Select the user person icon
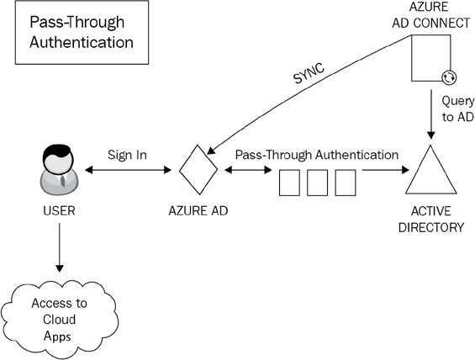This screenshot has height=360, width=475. (x=59, y=170)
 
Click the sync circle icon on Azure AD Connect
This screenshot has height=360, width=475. (x=449, y=77)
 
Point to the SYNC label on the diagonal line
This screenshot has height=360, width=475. (x=309, y=73)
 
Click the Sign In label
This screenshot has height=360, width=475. (x=127, y=155)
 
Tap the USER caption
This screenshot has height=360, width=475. (x=59, y=211)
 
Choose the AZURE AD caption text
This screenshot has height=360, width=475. (x=198, y=211)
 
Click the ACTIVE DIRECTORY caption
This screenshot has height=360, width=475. (x=431, y=219)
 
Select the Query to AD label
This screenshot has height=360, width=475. (x=457, y=109)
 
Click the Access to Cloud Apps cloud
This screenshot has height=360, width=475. (x=59, y=320)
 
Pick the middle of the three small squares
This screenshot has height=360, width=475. (x=317, y=183)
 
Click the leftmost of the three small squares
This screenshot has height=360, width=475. (x=289, y=183)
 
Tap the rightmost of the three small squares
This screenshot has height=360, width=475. (x=346, y=183)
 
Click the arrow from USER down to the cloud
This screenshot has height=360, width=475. (x=60, y=247)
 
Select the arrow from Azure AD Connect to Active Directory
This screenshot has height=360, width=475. (x=430, y=114)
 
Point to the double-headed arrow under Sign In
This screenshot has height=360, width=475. (x=128, y=170)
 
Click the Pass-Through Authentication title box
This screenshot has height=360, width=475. (x=82, y=32)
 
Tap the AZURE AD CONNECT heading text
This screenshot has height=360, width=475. (x=430, y=15)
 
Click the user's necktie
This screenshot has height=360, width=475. (x=63, y=181)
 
